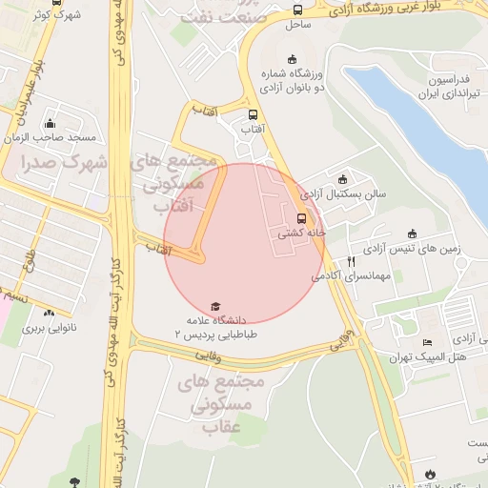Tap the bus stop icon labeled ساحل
click(x=297, y=10)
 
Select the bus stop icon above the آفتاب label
click(x=253, y=114)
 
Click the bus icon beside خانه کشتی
click(x=302, y=216)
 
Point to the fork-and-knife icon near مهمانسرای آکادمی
click(x=352, y=260)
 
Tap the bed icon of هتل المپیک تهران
click(x=427, y=342)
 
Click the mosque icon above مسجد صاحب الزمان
click(x=51, y=122)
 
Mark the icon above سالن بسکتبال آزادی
click(x=343, y=178)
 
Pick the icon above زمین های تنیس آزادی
click(x=412, y=234)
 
